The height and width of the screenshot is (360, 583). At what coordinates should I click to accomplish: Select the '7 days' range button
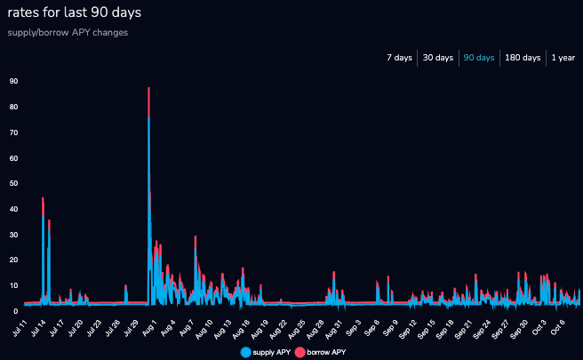(399, 58)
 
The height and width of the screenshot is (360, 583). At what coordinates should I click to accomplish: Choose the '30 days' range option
(438, 58)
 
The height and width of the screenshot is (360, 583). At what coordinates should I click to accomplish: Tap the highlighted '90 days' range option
(480, 58)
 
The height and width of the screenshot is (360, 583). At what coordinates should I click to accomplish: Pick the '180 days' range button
(523, 58)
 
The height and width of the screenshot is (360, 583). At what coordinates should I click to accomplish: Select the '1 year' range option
(563, 58)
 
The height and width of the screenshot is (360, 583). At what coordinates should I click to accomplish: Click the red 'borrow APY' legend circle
(300, 352)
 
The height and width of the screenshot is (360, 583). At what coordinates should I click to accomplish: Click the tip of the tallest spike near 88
(148, 88)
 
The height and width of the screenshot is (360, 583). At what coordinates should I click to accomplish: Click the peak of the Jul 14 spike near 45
(43, 198)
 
